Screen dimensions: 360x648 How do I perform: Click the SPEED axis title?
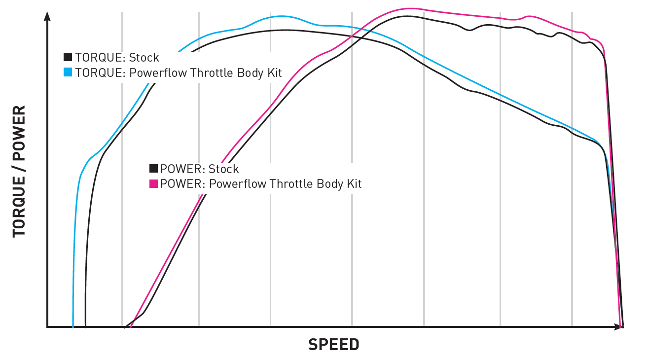tap(334, 344)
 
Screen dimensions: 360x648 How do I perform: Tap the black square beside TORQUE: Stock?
tap(68, 57)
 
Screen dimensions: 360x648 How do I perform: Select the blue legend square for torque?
tap(68, 72)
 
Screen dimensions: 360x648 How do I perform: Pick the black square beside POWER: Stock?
tap(153, 169)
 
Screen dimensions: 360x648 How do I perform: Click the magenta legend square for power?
tap(153, 183)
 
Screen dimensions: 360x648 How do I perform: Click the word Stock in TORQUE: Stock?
tap(144, 57)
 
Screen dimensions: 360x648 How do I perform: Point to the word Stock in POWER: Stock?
tap(223, 169)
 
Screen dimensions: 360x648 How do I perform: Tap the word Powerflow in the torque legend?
tap(154, 72)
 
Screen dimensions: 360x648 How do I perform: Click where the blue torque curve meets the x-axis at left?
tap(73, 326)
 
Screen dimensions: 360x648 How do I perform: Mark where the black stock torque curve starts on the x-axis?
tap(85, 326)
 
